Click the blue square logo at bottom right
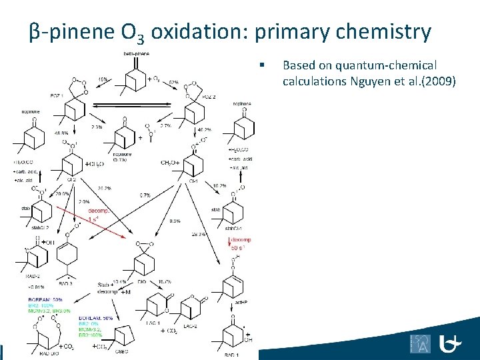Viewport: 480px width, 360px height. [x=420, y=343]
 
